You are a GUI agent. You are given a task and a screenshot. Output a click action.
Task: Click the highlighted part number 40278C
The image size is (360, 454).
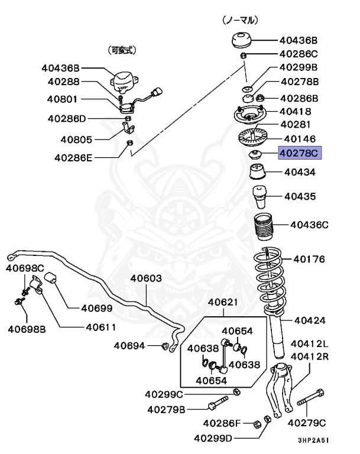tap(298, 154)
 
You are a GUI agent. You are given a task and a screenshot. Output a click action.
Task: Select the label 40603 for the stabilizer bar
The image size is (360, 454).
tap(146, 278)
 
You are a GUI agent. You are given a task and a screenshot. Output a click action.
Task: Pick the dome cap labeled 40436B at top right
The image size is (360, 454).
tap(242, 41)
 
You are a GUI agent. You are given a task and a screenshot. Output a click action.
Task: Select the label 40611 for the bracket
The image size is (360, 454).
tap(100, 326)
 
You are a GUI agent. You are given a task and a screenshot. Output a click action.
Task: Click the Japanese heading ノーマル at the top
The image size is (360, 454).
tap(240, 20)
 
